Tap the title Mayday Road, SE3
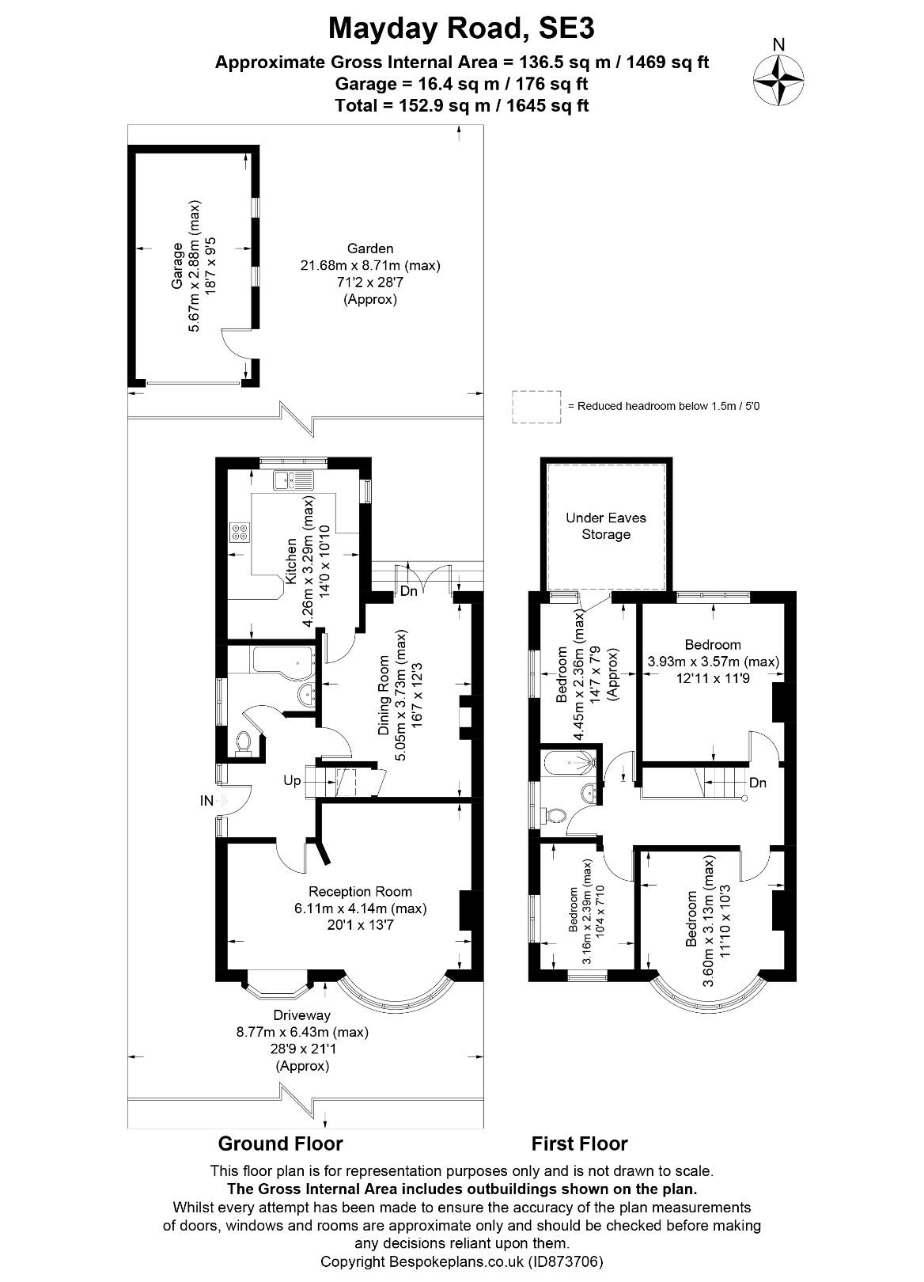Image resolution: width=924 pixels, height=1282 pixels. click(461, 28)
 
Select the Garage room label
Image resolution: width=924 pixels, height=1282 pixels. click(179, 265)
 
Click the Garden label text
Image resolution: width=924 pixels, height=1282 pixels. click(369, 248)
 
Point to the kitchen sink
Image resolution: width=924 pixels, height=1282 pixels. click(293, 480)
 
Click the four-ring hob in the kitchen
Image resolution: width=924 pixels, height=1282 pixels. click(240, 532)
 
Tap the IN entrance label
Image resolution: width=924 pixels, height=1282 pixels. click(206, 801)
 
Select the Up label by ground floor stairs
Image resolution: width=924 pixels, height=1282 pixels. click(292, 780)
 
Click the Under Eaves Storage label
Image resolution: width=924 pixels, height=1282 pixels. click(606, 526)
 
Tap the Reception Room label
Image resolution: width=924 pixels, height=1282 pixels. click(360, 891)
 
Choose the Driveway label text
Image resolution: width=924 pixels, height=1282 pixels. click(301, 1015)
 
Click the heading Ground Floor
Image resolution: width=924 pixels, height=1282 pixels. click(280, 1144)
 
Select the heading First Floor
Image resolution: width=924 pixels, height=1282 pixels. click(579, 1144)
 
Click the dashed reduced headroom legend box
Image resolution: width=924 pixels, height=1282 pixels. click(536, 406)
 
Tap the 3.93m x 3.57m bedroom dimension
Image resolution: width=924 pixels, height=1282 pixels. click(713, 662)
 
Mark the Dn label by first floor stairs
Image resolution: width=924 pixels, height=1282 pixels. click(757, 783)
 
